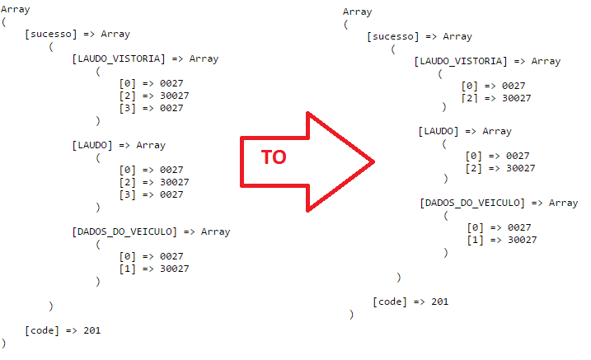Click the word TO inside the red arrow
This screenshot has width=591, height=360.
coord(274,157)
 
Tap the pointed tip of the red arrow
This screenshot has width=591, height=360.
coord(374,161)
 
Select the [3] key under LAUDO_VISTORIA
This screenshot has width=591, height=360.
coord(128,108)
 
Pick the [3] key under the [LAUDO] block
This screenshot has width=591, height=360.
coord(128,194)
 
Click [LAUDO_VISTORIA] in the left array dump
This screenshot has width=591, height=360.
coord(119,58)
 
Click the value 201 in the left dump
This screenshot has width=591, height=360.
coord(92,330)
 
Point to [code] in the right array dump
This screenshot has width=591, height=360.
coord(390,302)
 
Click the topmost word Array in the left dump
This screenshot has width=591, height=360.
coord(16,9)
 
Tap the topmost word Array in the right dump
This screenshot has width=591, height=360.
coord(357,12)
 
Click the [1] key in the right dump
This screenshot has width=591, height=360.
coord(475,240)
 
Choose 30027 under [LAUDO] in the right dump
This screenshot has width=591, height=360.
coord(520,168)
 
